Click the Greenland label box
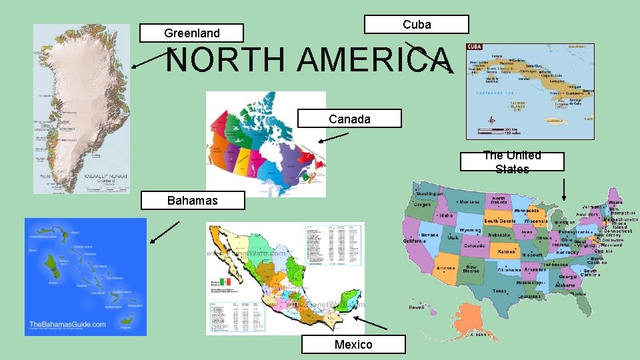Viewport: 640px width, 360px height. coord(191,33)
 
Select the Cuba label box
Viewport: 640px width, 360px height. coord(417,25)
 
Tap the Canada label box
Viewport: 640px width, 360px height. coord(349,119)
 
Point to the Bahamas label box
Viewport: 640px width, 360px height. coord(192,200)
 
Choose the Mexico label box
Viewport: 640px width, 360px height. coord(353,344)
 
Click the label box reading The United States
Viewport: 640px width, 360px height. coord(512,161)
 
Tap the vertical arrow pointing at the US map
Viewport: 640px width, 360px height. coord(564,189)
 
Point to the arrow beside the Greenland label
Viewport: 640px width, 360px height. coord(150,59)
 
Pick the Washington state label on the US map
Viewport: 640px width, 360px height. coord(430,193)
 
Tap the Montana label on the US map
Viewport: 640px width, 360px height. coord(471,201)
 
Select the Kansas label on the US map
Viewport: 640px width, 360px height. coord(507,251)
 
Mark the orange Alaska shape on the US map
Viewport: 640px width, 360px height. coord(473,320)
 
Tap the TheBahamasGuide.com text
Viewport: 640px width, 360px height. coord(67,325)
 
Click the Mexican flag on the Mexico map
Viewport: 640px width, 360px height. coord(225,282)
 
